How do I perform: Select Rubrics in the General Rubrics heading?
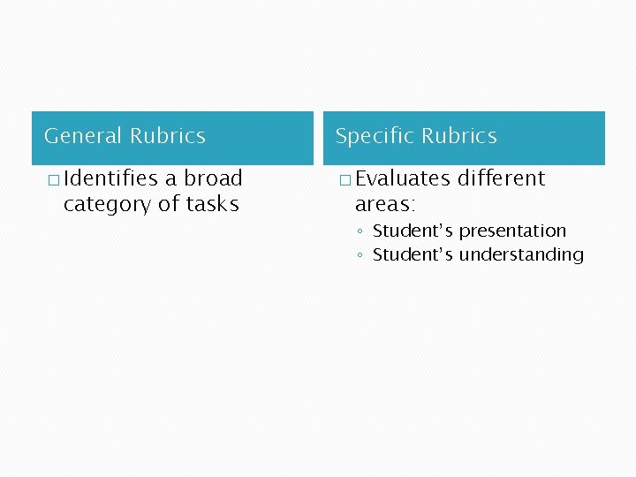[x=167, y=136]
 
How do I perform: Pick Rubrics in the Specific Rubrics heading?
[x=458, y=136]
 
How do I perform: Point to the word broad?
[x=213, y=178]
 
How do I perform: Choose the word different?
[x=501, y=178]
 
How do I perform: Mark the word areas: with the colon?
[x=384, y=204]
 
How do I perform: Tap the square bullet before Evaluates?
[x=344, y=180]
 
